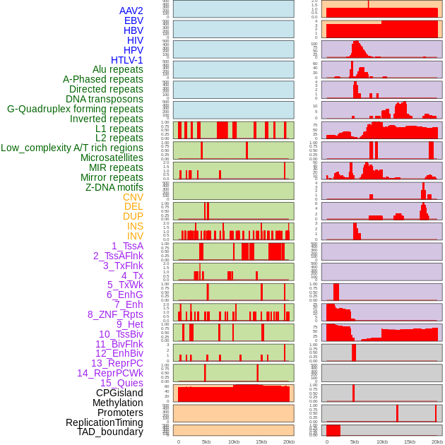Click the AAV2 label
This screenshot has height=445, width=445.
click(x=131, y=11)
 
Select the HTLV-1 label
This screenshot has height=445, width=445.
click(x=127, y=60)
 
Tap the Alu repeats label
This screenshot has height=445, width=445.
click(x=118, y=69)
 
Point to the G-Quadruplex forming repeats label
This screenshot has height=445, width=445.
click(x=75, y=109)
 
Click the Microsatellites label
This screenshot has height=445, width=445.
click(x=112, y=158)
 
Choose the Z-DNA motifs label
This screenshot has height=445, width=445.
click(x=114, y=187)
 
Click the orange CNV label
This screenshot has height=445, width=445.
click(x=133, y=197)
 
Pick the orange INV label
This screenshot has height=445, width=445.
click(x=135, y=236)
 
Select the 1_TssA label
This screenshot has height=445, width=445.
click(x=127, y=246)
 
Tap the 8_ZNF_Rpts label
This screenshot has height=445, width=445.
click(x=115, y=314)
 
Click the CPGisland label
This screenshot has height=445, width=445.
click(x=119, y=393)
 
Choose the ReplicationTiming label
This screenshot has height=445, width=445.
click(x=105, y=422)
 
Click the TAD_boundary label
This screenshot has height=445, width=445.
click(x=110, y=432)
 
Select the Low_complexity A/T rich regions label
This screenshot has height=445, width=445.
click(x=72, y=148)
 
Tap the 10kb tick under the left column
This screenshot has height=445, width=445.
click(x=234, y=441)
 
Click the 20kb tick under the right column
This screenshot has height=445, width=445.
click(x=437, y=441)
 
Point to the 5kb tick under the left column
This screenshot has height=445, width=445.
click(x=206, y=441)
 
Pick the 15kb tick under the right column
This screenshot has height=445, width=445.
click(x=410, y=441)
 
